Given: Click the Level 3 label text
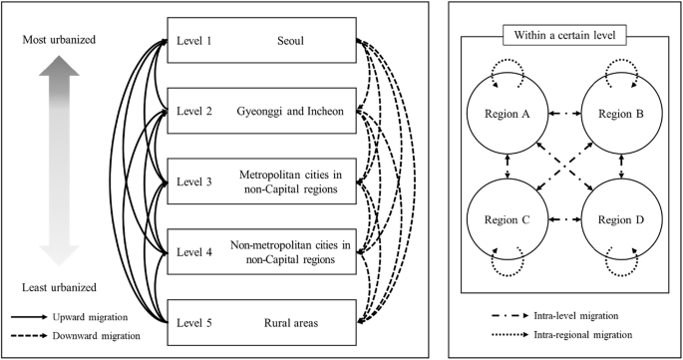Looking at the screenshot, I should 194,181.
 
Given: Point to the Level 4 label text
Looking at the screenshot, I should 194,251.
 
